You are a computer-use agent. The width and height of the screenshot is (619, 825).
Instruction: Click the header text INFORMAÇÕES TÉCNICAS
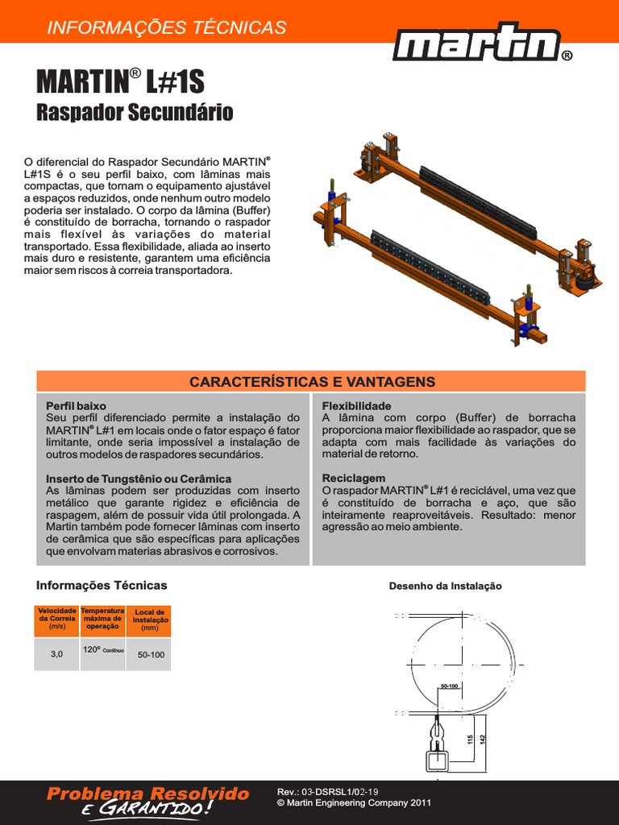167,27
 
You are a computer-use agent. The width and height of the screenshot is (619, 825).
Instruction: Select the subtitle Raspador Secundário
135,112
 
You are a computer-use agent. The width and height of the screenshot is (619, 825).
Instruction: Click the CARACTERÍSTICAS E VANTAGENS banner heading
312,381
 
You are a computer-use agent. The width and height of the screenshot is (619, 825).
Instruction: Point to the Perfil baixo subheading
76,406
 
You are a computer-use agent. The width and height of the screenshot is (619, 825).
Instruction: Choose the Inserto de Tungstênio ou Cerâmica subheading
139,479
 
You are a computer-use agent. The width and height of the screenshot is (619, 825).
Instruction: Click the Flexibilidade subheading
356,406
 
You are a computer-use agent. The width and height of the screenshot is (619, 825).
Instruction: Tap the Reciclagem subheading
353,479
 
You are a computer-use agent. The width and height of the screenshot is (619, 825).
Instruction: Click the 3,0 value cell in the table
56,654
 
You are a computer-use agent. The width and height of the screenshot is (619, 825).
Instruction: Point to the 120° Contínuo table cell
102,650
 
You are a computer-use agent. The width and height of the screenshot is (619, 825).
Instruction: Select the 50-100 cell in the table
150,655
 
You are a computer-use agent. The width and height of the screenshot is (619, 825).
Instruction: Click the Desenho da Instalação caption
445,586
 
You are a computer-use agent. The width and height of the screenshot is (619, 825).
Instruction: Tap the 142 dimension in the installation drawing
483,739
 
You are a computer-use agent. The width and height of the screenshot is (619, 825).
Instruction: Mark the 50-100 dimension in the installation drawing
449,686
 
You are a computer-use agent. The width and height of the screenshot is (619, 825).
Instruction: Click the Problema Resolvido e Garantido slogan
148,801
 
